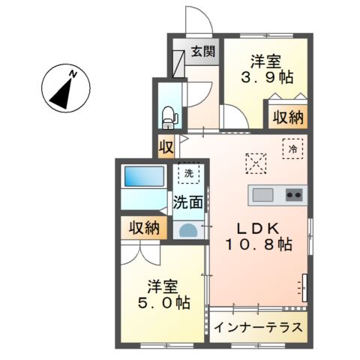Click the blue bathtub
coord(144,178)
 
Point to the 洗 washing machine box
coord(187,172)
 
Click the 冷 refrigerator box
coord(292,148)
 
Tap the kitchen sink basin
coord(263,196)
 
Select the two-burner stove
coord(293,196)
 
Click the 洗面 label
coord(187,202)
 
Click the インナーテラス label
coord(258,328)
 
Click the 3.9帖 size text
coord(266,77)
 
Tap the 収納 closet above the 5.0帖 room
coord(142,228)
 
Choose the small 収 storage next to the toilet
coord(165,145)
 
